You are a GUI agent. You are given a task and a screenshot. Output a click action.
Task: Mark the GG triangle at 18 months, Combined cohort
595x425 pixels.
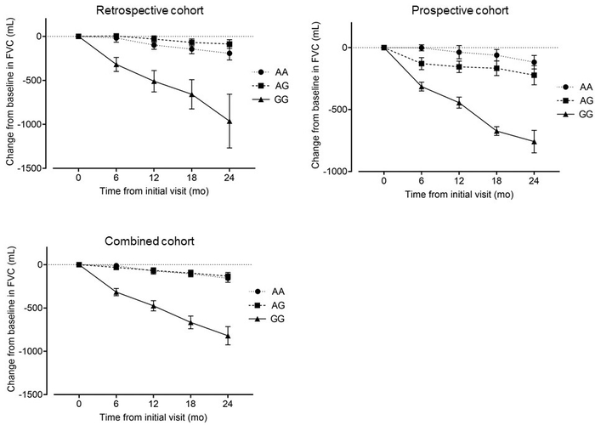(x=191, y=322)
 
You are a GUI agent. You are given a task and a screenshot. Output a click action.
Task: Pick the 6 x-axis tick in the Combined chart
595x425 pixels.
(x=116, y=405)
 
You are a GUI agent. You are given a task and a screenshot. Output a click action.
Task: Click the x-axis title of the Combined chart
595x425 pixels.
(x=154, y=418)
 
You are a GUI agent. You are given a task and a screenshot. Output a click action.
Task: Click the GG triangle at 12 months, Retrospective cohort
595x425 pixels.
(x=154, y=82)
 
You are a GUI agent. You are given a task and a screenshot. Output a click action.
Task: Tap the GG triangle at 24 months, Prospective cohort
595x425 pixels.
(x=534, y=141)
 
